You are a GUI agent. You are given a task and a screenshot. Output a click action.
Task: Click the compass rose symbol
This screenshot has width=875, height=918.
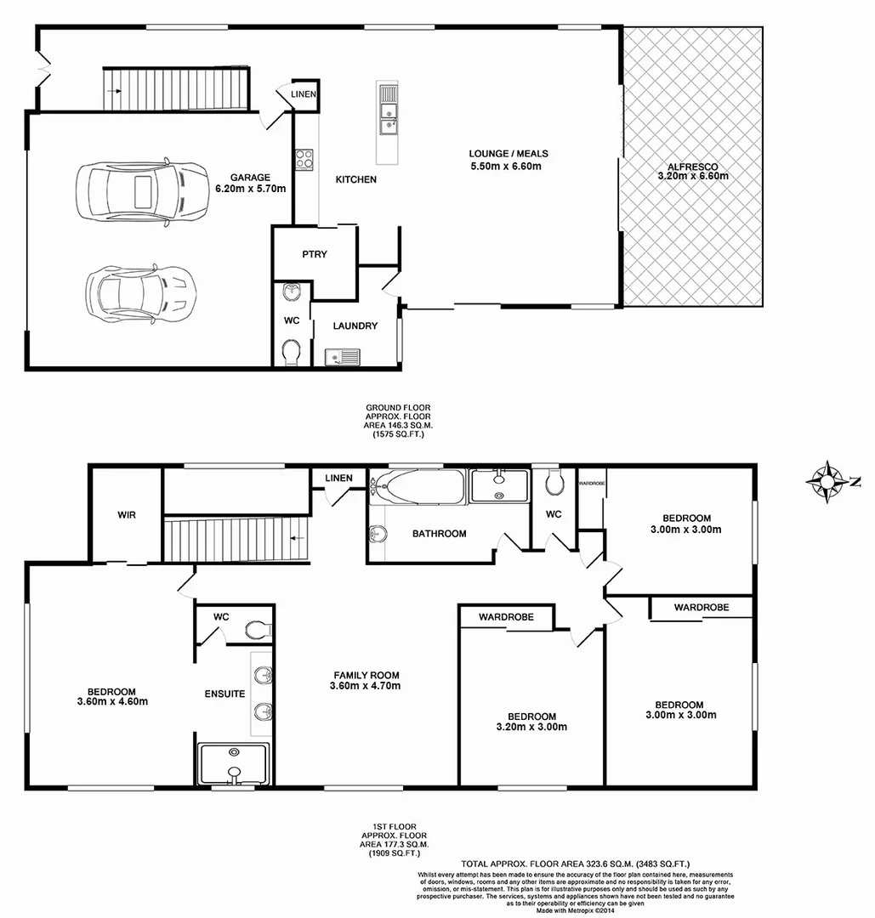pyautogui.click(x=825, y=481)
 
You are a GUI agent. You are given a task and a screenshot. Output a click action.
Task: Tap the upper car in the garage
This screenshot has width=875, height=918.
pyautogui.click(x=140, y=191)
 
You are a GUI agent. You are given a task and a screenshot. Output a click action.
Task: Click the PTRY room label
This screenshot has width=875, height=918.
pyautogui.click(x=314, y=254)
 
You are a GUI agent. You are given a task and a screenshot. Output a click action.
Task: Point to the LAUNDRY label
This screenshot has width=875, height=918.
pyautogui.click(x=355, y=326)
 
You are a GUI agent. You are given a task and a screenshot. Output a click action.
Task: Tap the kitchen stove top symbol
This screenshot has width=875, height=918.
pyautogui.click(x=304, y=158)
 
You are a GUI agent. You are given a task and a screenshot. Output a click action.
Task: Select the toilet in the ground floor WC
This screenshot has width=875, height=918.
pyautogui.click(x=291, y=349)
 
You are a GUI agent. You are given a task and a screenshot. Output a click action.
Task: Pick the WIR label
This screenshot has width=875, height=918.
pyautogui.click(x=127, y=515)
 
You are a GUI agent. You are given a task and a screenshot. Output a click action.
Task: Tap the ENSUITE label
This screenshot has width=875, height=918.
pyautogui.click(x=224, y=694)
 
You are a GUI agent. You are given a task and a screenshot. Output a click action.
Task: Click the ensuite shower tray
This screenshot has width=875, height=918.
pyautogui.click(x=233, y=764)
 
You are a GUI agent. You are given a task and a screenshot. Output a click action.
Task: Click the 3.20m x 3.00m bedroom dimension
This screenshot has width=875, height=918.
pyautogui.click(x=531, y=728)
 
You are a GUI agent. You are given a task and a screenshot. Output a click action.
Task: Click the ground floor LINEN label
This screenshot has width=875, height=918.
pyautogui.click(x=304, y=94)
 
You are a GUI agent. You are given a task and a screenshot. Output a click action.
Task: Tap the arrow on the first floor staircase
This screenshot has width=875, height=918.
pyautogui.click(x=295, y=538)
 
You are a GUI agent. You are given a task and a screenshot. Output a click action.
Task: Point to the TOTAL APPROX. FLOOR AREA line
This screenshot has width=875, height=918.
pyautogui.click(x=576, y=863)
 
